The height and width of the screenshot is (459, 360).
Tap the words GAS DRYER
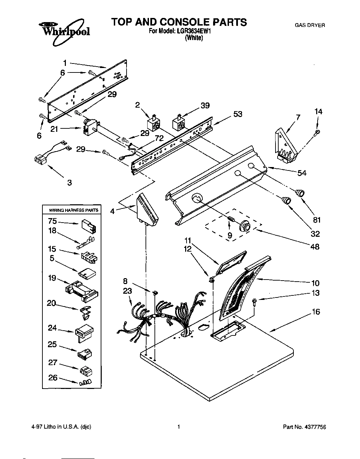click(x=309, y=25)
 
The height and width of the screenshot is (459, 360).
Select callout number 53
click(x=238, y=114)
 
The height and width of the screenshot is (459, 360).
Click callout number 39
click(x=205, y=106)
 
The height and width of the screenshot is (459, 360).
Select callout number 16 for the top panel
click(x=316, y=312)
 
